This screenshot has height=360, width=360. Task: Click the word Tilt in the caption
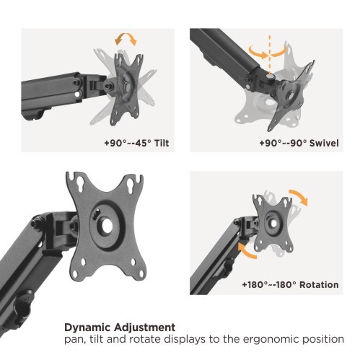click(162, 143)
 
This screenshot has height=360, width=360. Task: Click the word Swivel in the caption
click(324, 143)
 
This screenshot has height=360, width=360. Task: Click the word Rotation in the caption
click(319, 285)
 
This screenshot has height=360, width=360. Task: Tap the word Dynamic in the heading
click(87, 328)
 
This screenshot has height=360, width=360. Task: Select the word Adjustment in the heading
click(145, 328)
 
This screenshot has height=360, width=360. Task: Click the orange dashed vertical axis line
click(270, 56)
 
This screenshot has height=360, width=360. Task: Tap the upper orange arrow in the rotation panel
click(299, 196)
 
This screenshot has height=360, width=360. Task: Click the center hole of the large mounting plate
click(107, 226)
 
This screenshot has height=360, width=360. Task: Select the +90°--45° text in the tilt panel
click(128, 143)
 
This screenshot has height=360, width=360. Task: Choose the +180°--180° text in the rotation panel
click(269, 285)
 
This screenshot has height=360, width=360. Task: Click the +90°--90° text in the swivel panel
click(283, 143)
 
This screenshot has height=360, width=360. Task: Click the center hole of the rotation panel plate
click(273, 224)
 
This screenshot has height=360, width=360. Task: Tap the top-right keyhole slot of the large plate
click(131, 186)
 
